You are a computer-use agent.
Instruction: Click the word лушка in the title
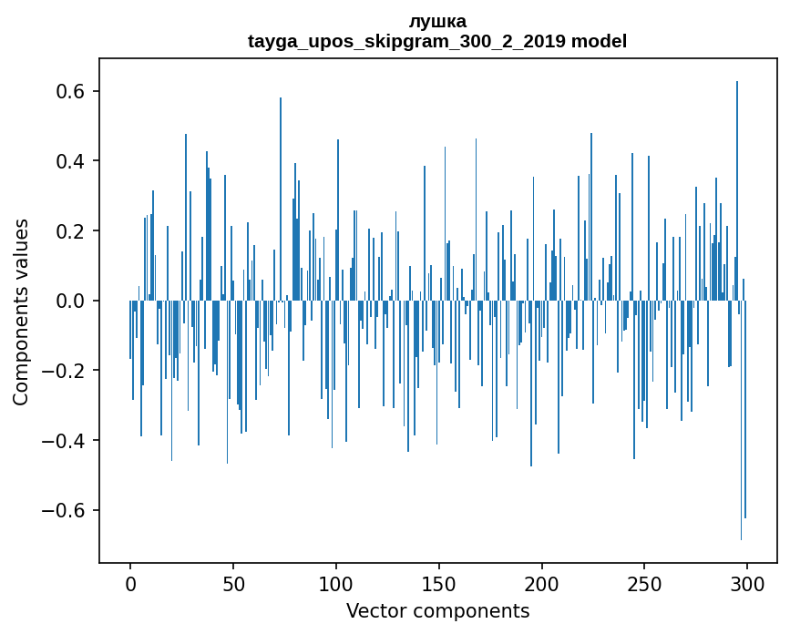coord(437,22)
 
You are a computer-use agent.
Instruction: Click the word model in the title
coord(599,41)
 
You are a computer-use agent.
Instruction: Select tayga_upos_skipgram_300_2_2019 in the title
coord(406,42)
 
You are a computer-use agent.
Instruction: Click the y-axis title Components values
coord(21,312)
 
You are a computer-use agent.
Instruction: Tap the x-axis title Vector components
coord(437,611)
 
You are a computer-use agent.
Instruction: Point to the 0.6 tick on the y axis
coord(69,92)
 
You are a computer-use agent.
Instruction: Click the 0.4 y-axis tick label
coord(69,161)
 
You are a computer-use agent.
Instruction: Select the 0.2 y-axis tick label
coord(69,231)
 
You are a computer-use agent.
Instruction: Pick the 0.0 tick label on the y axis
coord(69,302)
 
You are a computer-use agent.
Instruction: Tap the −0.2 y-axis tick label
coord(63,371)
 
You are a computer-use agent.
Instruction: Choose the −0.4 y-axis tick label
coord(63,441)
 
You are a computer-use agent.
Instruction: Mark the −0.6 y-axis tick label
coord(63,511)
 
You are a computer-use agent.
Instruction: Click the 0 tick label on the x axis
coord(130,584)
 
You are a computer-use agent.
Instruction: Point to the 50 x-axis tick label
coord(233,584)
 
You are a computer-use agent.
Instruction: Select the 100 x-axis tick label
coord(336,584)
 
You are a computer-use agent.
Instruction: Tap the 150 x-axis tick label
coord(439,584)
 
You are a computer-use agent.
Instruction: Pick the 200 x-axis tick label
coord(541,584)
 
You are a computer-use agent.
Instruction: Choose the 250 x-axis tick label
coord(644,584)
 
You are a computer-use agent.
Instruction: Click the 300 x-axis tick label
coord(747,584)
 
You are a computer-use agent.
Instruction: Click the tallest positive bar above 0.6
coord(737,191)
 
